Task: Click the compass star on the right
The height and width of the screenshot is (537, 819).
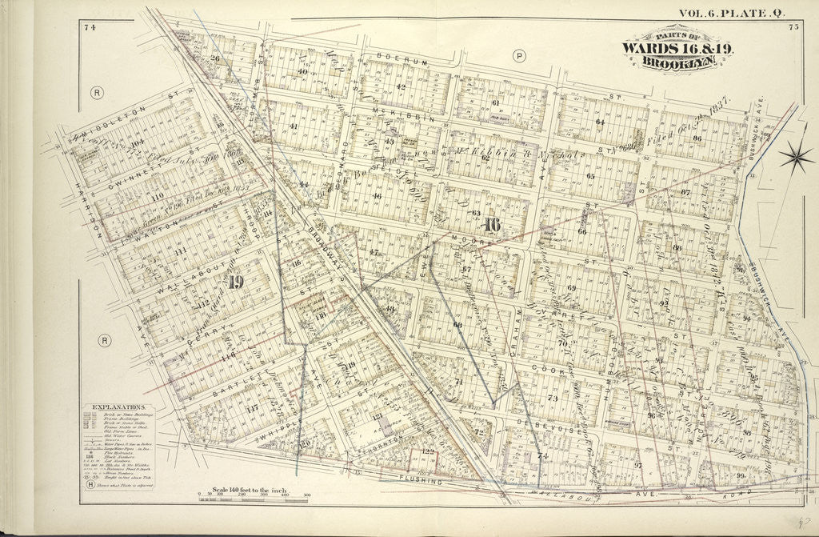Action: coord(797,157)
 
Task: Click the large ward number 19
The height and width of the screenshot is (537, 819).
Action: coord(234,281)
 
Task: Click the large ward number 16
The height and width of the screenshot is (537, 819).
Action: coord(491,226)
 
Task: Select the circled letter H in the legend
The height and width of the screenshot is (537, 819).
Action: coord(90,484)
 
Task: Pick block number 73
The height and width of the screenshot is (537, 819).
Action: coord(552,398)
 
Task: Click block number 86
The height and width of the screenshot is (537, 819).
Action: coord(696,138)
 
